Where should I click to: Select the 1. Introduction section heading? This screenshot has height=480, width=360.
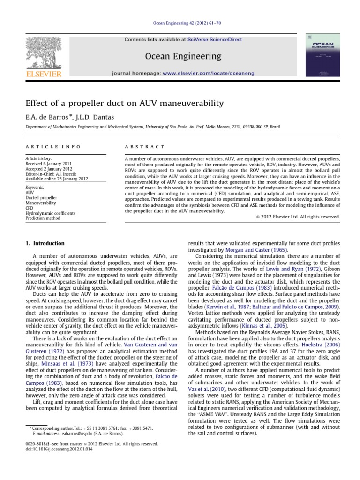coord(45,243)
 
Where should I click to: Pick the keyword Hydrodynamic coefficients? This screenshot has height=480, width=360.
coord(50,213)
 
